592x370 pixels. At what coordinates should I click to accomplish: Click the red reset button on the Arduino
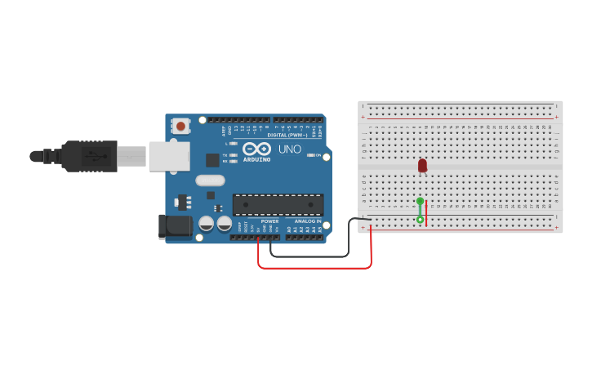(180, 126)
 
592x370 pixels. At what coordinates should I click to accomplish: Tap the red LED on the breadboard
(422, 165)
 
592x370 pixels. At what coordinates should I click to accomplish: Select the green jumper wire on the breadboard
(420, 210)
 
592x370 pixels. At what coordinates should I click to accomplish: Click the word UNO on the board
(290, 149)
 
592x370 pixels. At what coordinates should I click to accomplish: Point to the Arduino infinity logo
(256, 149)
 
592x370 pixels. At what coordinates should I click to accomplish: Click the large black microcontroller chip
(278, 205)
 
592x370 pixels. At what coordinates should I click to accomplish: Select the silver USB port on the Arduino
(169, 156)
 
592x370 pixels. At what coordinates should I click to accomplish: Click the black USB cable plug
(90, 155)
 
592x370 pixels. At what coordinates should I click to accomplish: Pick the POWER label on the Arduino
(269, 221)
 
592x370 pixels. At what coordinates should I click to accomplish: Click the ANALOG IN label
(307, 221)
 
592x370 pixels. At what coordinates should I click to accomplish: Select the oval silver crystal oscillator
(209, 181)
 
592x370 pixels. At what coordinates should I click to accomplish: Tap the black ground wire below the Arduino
(310, 256)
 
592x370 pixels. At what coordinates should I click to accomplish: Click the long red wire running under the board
(314, 267)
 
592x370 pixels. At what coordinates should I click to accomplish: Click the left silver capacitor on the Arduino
(207, 222)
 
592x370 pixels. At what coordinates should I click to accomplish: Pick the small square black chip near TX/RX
(212, 159)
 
